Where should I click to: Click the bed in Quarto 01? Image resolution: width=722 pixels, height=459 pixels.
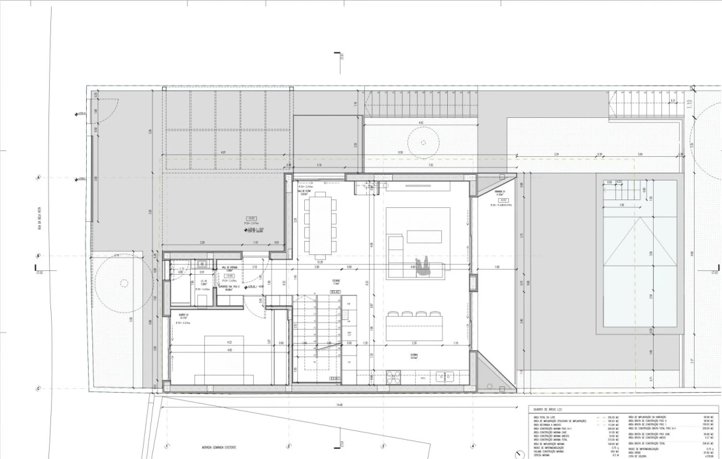pyautogui.click(x=224, y=360)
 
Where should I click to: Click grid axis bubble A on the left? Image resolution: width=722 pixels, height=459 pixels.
pyautogui.click(x=38, y=178)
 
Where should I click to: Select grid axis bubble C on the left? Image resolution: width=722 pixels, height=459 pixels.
pyautogui.click(x=38, y=388)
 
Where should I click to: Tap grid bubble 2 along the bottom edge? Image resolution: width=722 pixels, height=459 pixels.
pyautogui.click(x=288, y=446)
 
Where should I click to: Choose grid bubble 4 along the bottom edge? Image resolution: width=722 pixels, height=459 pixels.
pyautogui.click(x=473, y=446)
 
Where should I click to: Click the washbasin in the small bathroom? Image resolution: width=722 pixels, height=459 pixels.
pyautogui.click(x=202, y=263)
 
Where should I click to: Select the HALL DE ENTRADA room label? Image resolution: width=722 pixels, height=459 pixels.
pyautogui.click(x=229, y=268)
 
